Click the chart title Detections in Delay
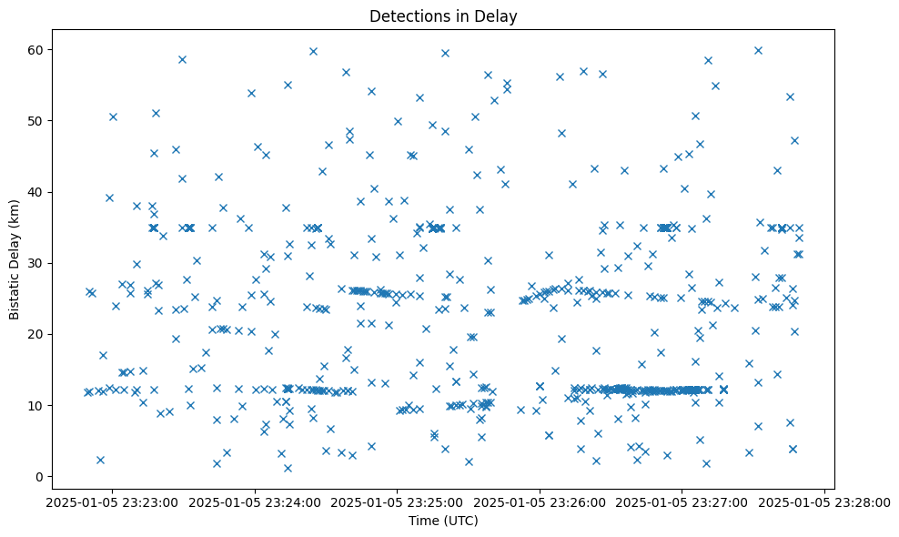click(443, 15)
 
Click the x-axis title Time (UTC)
click(443, 521)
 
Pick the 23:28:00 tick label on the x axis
click(825, 502)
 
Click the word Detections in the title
click(407, 15)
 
